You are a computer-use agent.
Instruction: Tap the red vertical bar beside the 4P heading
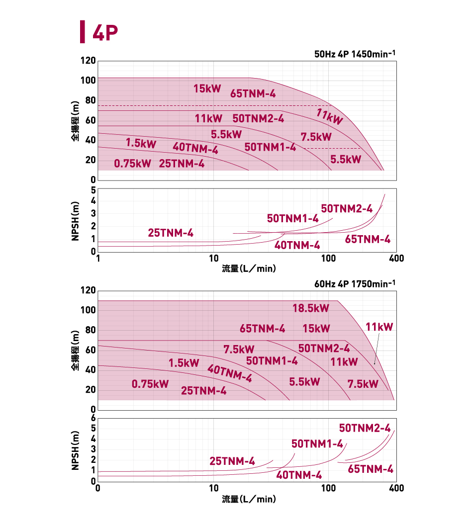[x=82, y=32]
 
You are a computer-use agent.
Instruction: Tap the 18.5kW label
[x=311, y=308]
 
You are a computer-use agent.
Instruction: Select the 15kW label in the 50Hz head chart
[x=207, y=89]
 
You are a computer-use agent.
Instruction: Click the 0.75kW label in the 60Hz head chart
[x=150, y=384]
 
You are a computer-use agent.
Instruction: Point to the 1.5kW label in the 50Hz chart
[x=141, y=144]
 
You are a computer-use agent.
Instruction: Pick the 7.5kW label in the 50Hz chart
[x=316, y=137]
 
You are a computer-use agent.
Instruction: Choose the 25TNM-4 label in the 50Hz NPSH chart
[x=171, y=233]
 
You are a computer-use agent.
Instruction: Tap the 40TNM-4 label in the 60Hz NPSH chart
[x=299, y=475]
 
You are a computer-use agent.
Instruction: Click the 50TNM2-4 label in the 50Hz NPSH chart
[x=347, y=209]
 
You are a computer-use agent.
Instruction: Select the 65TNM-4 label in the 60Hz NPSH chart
[x=371, y=469]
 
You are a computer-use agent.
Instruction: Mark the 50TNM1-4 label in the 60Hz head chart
[x=272, y=361]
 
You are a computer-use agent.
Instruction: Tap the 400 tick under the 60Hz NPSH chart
[x=396, y=488]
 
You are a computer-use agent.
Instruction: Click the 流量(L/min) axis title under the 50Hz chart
[x=249, y=269]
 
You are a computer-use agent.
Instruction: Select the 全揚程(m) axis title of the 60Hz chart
[x=75, y=351]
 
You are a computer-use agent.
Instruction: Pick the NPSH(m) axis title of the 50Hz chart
[x=75, y=221]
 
